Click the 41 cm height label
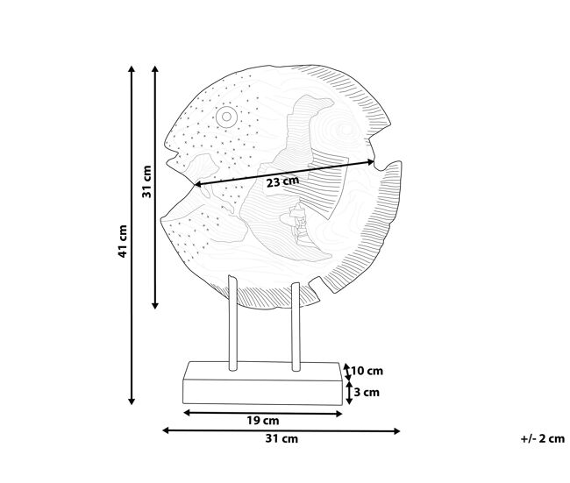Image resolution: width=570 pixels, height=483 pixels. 123,241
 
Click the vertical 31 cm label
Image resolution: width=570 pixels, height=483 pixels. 146,181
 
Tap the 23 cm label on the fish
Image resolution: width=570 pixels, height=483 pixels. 283,181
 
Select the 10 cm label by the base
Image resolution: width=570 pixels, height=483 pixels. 367,371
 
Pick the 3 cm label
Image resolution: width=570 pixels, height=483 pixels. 367,393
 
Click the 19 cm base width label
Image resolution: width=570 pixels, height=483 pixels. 263,421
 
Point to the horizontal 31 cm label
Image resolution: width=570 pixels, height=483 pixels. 281,438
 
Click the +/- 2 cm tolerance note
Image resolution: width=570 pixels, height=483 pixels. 543,438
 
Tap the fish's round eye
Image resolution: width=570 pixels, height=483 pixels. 226,117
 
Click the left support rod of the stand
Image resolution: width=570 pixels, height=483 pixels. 232,323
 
